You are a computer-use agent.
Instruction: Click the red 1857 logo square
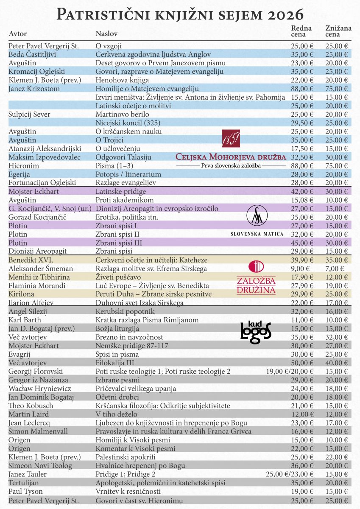coord(231,138)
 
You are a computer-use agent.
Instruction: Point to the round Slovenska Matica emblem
coord(257,215)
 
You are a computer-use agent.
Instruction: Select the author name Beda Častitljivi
coord(33,54)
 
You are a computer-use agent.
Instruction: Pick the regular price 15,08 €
coord(302,200)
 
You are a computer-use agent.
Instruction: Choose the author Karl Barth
coord(24,320)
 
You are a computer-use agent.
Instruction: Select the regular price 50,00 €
coord(302,363)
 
